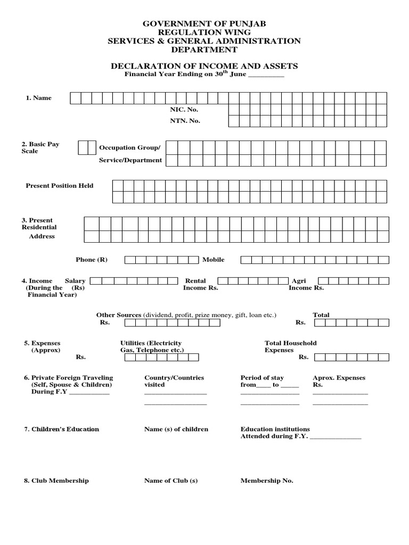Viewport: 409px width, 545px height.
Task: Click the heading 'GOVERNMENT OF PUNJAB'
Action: pos(204,24)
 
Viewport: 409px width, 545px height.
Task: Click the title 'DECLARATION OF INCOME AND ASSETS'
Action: pos(204,66)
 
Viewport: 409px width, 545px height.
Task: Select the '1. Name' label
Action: pos(39,98)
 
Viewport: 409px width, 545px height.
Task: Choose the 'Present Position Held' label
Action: pos(60,186)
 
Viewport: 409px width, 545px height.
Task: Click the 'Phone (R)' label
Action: pos(92,260)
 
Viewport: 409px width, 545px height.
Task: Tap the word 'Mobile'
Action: pos(213,260)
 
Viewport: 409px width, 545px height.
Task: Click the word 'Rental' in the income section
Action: pos(195,280)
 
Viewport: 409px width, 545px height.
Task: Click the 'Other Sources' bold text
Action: pos(118,315)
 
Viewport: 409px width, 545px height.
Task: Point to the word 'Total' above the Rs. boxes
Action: pos(321,315)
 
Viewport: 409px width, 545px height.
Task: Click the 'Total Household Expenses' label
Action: pos(290,346)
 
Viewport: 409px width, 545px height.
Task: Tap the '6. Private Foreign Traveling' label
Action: pos(68,378)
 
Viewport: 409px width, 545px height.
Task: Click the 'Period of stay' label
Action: pos(262,378)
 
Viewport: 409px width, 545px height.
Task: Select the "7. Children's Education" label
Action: pos(61,429)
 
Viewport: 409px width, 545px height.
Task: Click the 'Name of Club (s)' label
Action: pos(171,481)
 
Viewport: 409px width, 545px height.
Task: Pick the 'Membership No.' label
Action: pos(267,481)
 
